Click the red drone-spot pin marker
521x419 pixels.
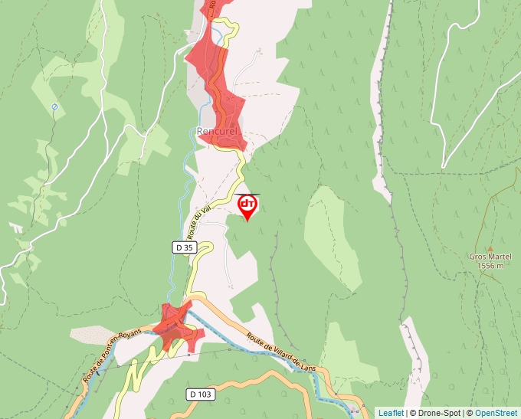point(247,207)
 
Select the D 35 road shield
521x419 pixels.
point(184,247)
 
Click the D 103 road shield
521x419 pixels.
point(199,394)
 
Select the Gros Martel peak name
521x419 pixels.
point(490,257)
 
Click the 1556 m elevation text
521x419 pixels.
point(490,266)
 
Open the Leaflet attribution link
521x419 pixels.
point(391,413)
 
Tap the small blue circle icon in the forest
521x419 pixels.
point(54,106)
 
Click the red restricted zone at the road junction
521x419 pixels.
point(178,328)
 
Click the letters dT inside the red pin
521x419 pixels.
point(247,204)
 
